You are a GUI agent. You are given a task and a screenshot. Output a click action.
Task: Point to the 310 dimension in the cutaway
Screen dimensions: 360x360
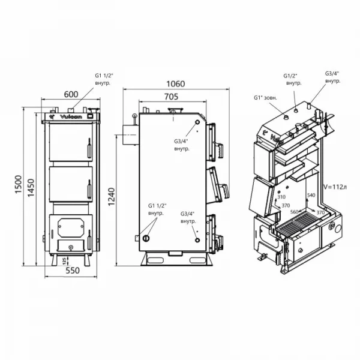(x=282, y=196)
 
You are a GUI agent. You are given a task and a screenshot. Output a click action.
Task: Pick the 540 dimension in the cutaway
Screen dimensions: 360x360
(x=310, y=196)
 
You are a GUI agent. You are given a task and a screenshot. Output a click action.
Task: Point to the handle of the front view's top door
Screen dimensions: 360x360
(x=89, y=147)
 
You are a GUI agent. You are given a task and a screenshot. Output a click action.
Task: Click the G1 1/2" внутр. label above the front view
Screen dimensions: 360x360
(x=107, y=80)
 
